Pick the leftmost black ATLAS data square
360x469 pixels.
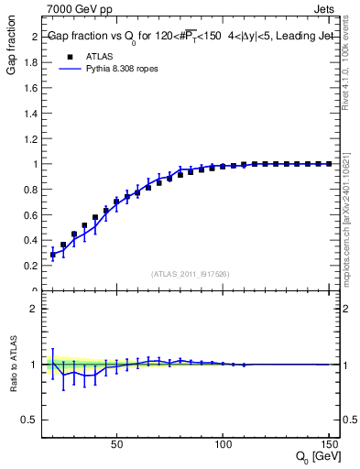pyautogui.click(x=53, y=255)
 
